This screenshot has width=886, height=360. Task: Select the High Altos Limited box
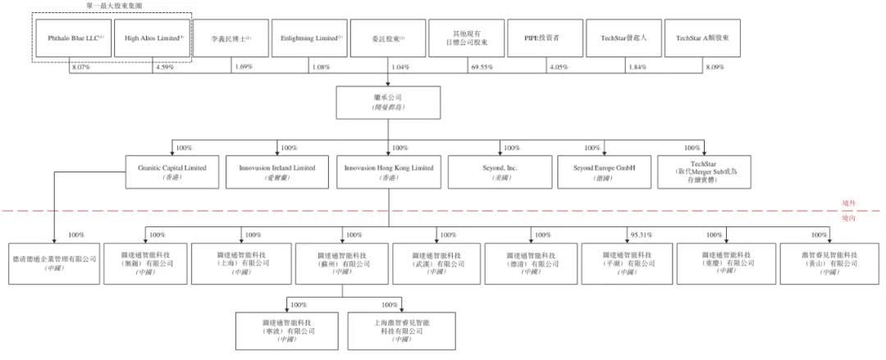pos(153,39)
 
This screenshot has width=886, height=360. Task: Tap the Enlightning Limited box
pos(311,39)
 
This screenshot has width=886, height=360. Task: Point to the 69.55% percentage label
pos(482,66)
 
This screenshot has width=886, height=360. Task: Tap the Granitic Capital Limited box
pos(172,172)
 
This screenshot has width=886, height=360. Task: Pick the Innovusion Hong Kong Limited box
pos(389,172)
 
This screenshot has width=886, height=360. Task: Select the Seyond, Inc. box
pos(500,172)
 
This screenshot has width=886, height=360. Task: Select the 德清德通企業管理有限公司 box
pos(53,262)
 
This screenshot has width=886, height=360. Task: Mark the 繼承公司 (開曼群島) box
pos(389,102)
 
